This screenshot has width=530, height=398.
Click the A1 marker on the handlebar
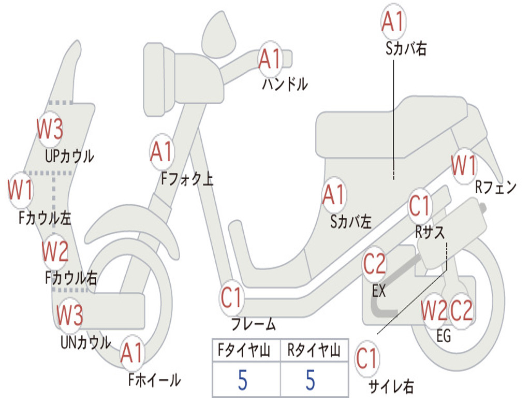click(x=270, y=59)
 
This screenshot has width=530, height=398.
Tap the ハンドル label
click(x=285, y=84)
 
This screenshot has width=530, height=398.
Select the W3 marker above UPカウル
click(x=50, y=129)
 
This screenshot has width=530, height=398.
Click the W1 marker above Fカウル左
click(x=21, y=190)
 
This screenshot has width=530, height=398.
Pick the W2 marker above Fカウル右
click(x=55, y=251)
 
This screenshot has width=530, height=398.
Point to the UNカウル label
click(x=85, y=342)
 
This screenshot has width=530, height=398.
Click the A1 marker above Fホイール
click(x=132, y=353)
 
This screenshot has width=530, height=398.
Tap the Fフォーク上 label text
click(x=187, y=178)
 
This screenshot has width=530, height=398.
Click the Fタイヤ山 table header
click(x=244, y=350)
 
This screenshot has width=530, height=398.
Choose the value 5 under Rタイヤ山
click(x=311, y=380)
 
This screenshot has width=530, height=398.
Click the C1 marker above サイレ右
click(x=367, y=359)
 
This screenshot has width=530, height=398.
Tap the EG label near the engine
click(x=444, y=336)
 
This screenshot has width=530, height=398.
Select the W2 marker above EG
click(x=434, y=311)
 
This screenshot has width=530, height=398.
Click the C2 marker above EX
click(x=374, y=264)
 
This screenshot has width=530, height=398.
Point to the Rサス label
click(x=430, y=232)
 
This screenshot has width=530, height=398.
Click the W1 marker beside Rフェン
click(x=464, y=166)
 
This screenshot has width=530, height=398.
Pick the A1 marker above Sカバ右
click(x=393, y=21)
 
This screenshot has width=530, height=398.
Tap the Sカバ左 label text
click(x=351, y=222)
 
